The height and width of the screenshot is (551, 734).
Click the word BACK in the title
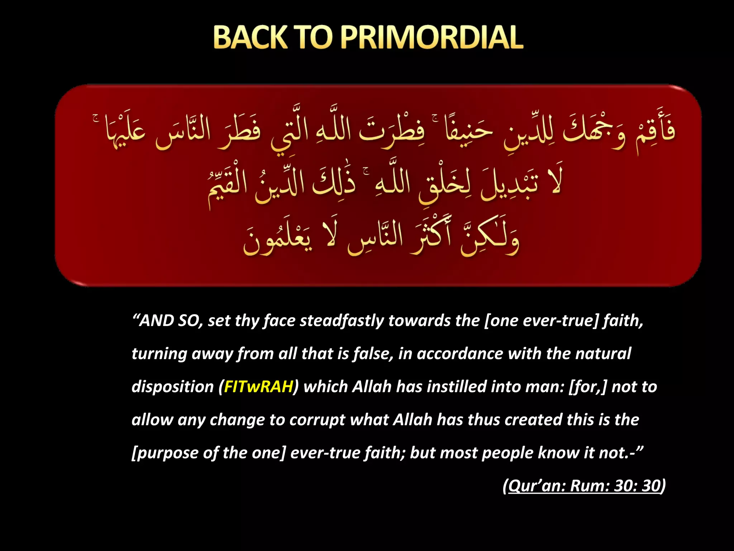(250, 37)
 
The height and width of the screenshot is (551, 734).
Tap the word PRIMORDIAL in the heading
(432, 37)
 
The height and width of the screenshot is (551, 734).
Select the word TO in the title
(313, 37)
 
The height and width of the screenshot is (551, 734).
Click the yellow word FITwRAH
(258, 387)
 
